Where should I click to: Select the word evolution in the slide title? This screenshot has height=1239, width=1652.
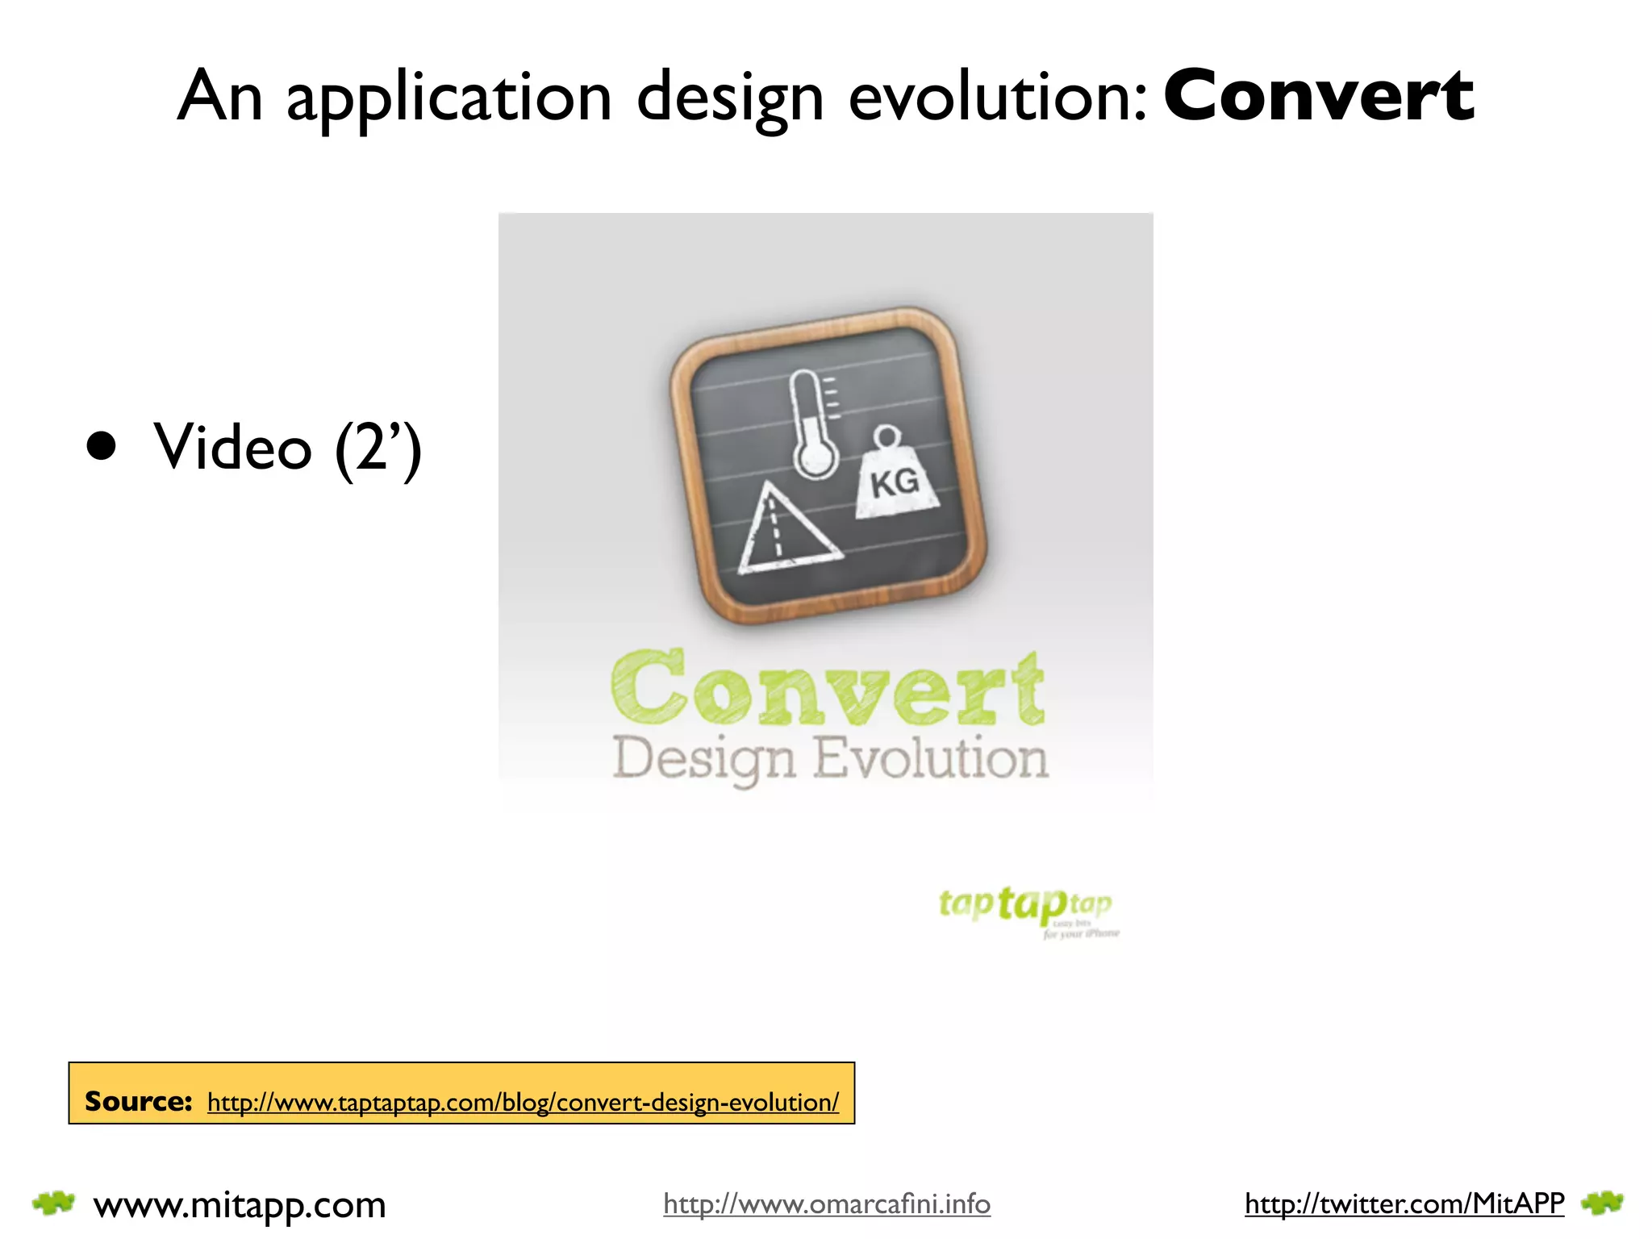tap(997, 98)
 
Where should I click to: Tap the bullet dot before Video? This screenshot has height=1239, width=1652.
tap(102, 445)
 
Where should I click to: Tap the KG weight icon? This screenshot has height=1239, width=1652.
tap(895, 476)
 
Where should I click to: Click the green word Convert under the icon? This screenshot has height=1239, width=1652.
tap(828, 689)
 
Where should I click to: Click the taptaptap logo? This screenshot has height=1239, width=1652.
tap(1026, 907)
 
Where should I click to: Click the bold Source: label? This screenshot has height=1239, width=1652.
tap(138, 1101)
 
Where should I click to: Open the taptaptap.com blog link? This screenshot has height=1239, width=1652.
tap(523, 1102)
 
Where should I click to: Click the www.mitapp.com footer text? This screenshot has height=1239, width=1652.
tap(240, 1205)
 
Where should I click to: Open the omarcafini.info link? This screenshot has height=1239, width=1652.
tap(827, 1204)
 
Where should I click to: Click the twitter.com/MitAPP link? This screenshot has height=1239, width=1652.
tap(1404, 1204)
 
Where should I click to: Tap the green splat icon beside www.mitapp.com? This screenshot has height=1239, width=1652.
tap(53, 1204)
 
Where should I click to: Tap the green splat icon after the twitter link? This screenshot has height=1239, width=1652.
tap(1602, 1204)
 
